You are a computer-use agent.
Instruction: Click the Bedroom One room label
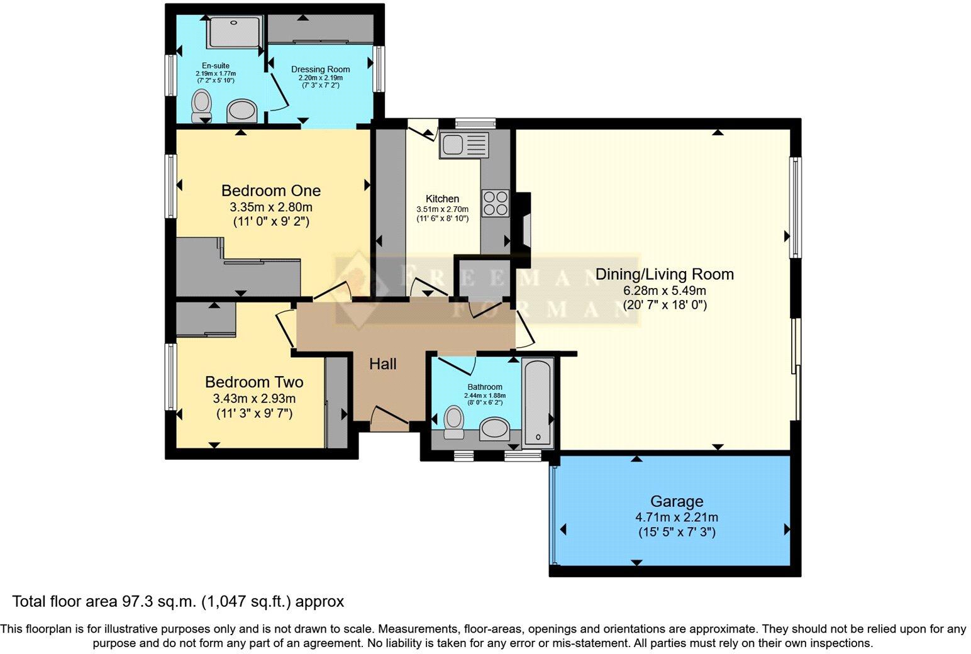coord(270,191)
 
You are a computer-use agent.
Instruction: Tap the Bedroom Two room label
coord(254,382)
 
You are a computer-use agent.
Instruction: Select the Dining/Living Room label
coord(664,274)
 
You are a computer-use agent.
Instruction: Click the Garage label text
coord(676,501)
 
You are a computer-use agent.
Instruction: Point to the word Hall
coord(382,363)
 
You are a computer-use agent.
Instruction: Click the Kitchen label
coord(442,199)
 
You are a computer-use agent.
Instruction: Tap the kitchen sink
coord(464,145)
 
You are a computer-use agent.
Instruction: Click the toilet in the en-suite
coord(202,105)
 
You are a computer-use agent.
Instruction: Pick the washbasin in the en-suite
coord(241,112)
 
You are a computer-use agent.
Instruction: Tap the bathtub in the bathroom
coord(538,401)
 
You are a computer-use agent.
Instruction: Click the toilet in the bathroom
coord(453,421)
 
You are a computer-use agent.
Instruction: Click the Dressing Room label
coord(320,69)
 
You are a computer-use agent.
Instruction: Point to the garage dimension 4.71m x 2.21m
coord(676,518)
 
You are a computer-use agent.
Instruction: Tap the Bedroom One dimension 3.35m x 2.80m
coord(270,207)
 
